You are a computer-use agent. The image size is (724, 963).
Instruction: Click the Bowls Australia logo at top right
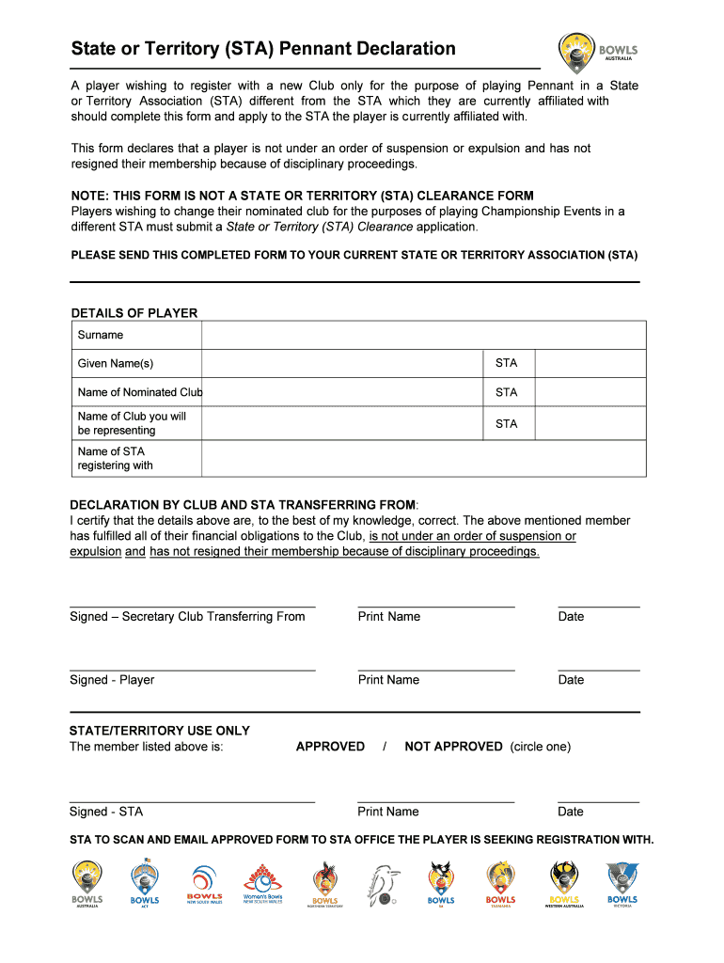pos(598,53)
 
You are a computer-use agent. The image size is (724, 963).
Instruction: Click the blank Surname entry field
pos(423,335)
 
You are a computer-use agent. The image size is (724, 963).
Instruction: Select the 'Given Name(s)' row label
pos(116,364)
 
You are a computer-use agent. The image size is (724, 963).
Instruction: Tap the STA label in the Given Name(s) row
pos(506,364)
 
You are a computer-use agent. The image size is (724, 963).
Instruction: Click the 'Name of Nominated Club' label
pos(139,392)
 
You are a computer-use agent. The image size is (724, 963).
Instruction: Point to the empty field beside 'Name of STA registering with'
pos(423,458)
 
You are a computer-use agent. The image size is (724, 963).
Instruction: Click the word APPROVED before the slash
pos(330,747)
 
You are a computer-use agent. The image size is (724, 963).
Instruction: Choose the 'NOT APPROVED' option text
pos(453,747)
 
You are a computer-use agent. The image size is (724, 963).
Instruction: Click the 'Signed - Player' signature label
pos(112,680)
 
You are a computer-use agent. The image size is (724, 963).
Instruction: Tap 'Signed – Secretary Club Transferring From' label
pos(187,617)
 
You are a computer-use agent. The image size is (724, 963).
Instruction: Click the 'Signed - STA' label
pos(106,812)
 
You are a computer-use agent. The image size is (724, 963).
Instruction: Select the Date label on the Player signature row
pos(571,680)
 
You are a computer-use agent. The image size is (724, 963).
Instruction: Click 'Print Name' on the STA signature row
pos(388,812)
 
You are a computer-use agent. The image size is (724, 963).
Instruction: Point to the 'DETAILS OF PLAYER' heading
pos(134,313)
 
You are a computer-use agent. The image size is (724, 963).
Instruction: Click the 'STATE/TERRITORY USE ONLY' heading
pos(160,731)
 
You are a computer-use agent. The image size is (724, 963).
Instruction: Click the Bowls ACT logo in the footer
pos(145,883)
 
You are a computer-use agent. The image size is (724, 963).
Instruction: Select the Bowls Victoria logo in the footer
pos(622,883)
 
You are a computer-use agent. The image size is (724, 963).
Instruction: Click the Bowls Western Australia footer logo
pos(564,883)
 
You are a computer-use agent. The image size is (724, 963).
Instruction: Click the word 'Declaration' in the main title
pos(396,49)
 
